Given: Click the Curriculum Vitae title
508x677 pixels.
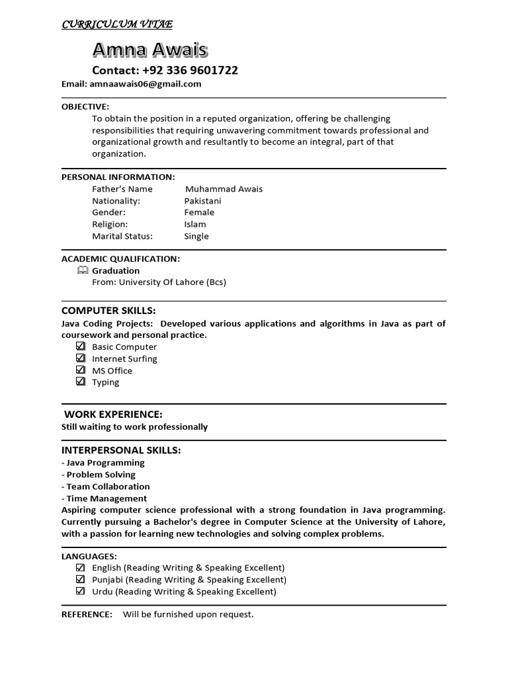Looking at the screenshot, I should pyautogui.click(x=117, y=24).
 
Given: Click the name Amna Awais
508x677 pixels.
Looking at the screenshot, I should pyautogui.click(x=149, y=50).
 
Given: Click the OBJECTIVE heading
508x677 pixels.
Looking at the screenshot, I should pyautogui.click(x=85, y=106).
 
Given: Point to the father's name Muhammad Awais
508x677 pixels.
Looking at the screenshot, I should pyautogui.click(x=224, y=189).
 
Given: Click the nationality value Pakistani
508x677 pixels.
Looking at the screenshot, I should pyautogui.click(x=202, y=201).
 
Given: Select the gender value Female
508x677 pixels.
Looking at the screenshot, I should pyautogui.click(x=199, y=213).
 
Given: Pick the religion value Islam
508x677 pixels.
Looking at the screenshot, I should pyautogui.click(x=195, y=225).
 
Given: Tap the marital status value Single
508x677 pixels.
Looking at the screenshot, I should pyautogui.click(x=196, y=237).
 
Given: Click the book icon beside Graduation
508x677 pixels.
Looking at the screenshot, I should pyautogui.click(x=82, y=270).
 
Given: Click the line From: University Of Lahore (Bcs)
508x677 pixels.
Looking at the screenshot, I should pyautogui.click(x=159, y=282).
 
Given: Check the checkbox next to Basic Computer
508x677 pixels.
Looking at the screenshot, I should pyautogui.click(x=81, y=346).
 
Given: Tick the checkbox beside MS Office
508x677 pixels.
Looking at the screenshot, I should pyautogui.click(x=81, y=370).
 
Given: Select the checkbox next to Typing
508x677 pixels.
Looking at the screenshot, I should pyautogui.click(x=81, y=382).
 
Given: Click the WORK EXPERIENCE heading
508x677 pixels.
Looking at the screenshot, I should pyautogui.click(x=113, y=415).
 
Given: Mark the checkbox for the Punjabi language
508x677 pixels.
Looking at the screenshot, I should pyautogui.click(x=81, y=580).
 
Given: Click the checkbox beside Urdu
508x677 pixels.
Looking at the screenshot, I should pyautogui.click(x=81, y=592).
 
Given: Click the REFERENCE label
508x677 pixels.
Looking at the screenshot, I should pyautogui.click(x=87, y=615).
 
